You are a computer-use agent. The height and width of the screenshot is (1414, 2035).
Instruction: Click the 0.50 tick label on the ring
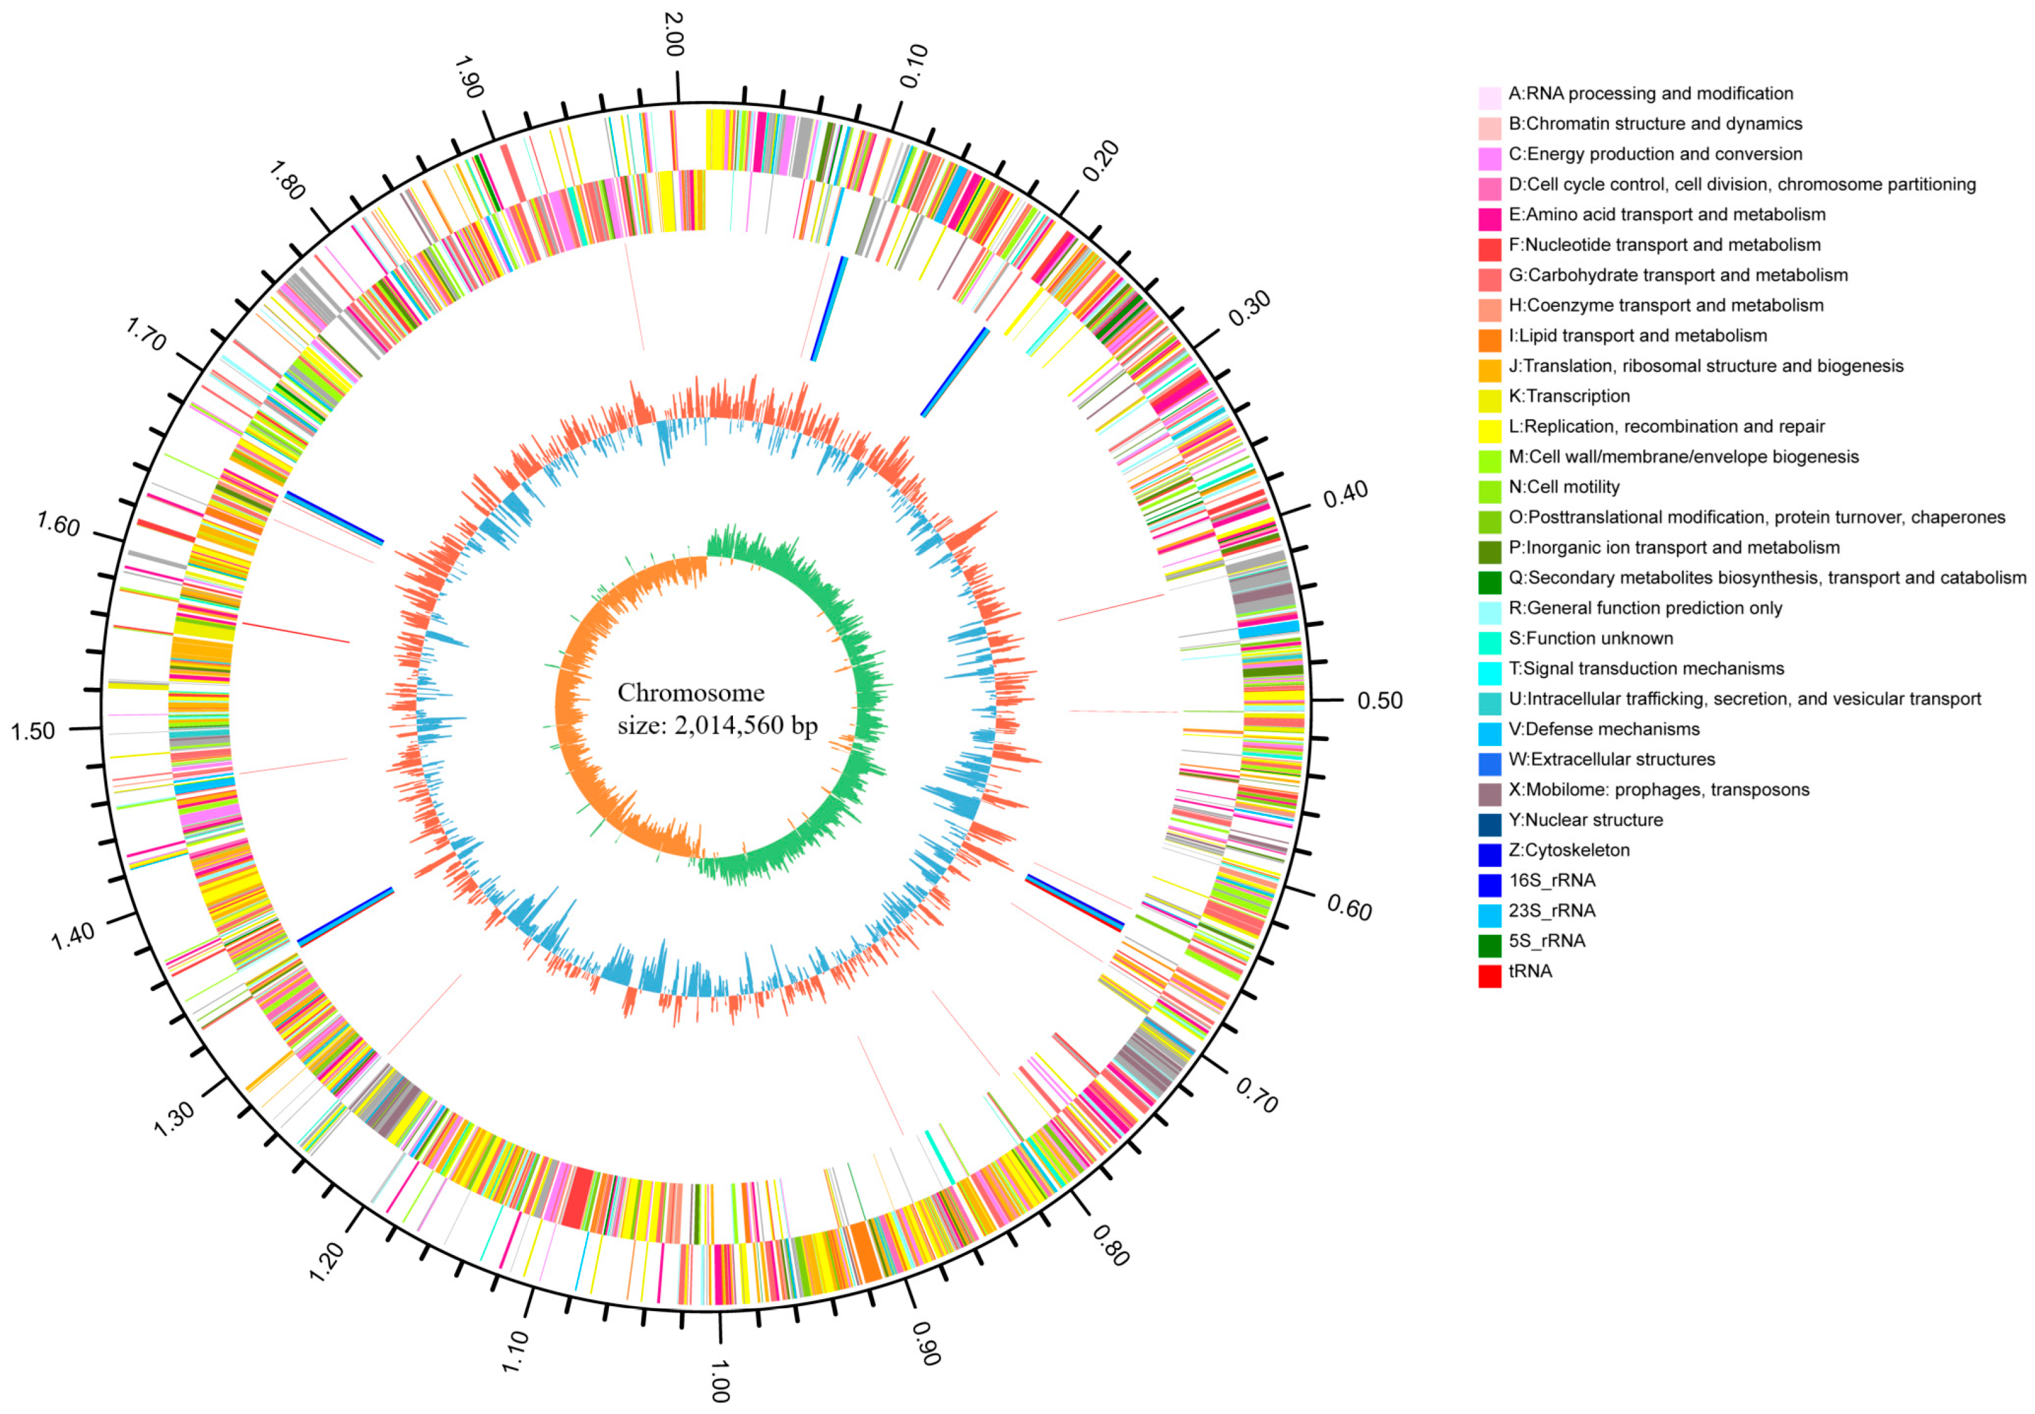click(1379, 701)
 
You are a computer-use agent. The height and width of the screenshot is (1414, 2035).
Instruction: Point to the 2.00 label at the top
click(673, 34)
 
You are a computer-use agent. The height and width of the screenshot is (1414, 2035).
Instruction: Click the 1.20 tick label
click(327, 1262)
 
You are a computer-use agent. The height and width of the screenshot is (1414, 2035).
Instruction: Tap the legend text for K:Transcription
click(1568, 396)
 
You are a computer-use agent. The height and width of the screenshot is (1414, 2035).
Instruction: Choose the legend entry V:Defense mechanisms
click(1603, 729)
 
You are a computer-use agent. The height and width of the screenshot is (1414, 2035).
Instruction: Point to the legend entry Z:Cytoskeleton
click(1568, 851)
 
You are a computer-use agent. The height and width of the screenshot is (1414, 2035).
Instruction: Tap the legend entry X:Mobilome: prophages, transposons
click(1658, 790)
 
